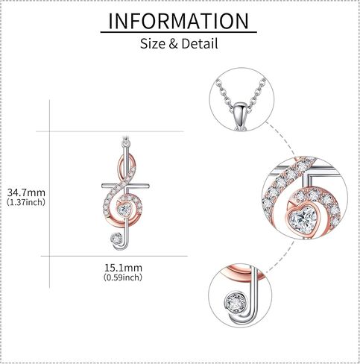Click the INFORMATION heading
pos(179,21)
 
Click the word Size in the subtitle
pos(153,43)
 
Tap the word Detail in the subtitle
pos(200,43)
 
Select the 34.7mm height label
pos(26,192)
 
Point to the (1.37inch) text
pos(26,202)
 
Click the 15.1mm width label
pos(123,268)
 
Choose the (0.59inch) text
pos(123,277)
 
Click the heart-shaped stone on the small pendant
pos(124,210)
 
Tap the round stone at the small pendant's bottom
pos(116,239)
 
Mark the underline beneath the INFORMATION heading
pos(179,32)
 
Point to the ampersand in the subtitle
pos(173,44)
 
